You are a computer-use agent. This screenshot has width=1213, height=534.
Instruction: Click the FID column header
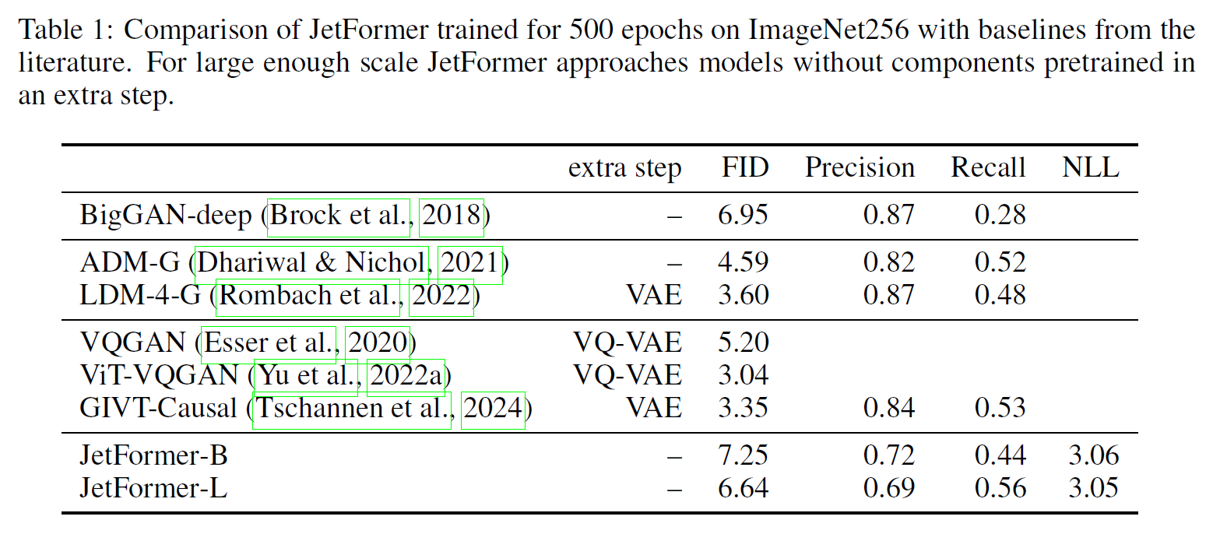(x=744, y=167)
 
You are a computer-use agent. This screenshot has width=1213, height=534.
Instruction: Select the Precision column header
(x=860, y=167)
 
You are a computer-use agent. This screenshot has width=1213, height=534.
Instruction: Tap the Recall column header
(x=988, y=167)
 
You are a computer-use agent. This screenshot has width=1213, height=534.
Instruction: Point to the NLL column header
(x=1091, y=167)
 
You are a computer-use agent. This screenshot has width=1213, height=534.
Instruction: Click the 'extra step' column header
(x=624, y=167)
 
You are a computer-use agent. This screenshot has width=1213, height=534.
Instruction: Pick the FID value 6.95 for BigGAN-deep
(x=744, y=215)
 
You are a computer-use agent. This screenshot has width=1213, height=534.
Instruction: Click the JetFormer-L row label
(x=153, y=488)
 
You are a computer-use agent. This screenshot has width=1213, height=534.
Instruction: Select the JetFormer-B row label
(x=153, y=455)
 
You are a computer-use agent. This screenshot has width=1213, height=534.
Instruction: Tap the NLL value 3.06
(x=1093, y=455)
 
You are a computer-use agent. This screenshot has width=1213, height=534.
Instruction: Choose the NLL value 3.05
(x=1093, y=488)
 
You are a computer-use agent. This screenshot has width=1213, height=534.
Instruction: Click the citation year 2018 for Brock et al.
(x=452, y=215)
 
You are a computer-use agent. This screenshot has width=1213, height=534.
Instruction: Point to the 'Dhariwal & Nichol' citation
(x=312, y=262)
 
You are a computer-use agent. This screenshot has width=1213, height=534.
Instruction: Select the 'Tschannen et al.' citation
(x=353, y=408)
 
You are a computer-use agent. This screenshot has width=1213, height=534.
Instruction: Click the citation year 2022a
(x=406, y=375)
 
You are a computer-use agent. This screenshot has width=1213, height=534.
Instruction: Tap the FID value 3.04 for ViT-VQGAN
(x=744, y=375)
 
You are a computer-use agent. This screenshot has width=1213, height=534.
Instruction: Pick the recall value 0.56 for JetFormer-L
(x=1000, y=488)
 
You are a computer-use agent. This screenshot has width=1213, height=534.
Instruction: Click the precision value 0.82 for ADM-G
(x=889, y=262)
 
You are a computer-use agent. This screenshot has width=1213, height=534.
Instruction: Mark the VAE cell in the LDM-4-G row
(x=654, y=295)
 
